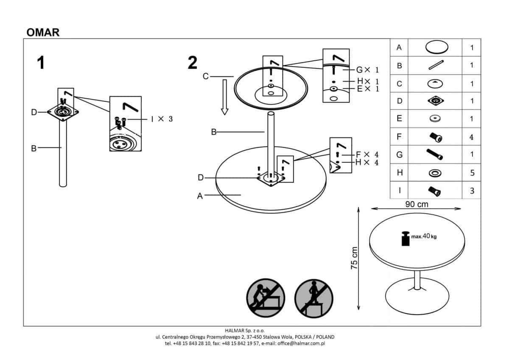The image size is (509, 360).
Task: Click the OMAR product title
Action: [x=43, y=32]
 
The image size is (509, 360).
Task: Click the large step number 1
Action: [x=41, y=63]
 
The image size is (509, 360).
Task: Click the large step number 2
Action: [x=192, y=63]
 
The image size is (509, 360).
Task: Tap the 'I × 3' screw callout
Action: [x=161, y=119]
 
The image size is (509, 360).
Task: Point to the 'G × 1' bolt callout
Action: [x=366, y=70]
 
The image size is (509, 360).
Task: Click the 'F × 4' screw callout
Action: [x=366, y=154]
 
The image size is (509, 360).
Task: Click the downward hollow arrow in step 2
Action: [x=224, y=98]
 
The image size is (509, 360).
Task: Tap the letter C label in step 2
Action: [x=206, y=76]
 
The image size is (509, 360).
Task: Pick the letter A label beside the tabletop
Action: [x=200, y=196]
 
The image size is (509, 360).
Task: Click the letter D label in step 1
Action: [x=34, y=112]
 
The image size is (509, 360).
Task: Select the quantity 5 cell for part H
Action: [x=472, y=173]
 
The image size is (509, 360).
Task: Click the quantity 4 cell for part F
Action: [x=472, y=137]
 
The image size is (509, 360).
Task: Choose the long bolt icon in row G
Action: [x=435, y=155]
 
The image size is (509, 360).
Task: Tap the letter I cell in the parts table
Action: [x=399, y=191]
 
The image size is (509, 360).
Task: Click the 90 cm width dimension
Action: [x=416, y=204]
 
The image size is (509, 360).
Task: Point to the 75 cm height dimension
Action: [x=355, y=258]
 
